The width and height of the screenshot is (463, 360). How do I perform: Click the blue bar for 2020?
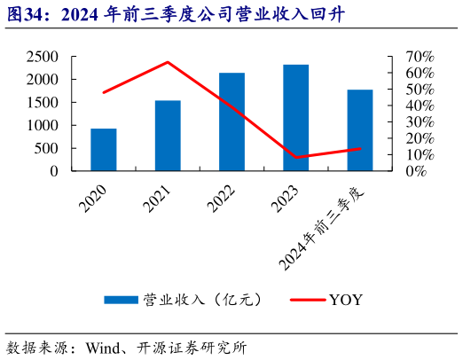point(104,149)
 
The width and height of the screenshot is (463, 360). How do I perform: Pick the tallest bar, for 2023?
point(296,117)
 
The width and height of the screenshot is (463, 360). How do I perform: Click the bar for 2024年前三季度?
point(360,129)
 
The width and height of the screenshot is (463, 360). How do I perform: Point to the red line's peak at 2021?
point(168,62)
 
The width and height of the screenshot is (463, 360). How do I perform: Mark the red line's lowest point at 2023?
point(296,158)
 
